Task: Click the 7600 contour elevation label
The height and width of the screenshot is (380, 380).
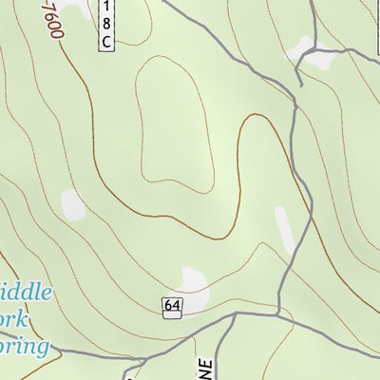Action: (50, 19)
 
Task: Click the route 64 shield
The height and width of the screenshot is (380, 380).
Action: (172, 306)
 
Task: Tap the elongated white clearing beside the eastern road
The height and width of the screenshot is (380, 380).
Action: (284, 231)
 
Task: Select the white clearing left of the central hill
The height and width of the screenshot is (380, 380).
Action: (72, 202)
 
